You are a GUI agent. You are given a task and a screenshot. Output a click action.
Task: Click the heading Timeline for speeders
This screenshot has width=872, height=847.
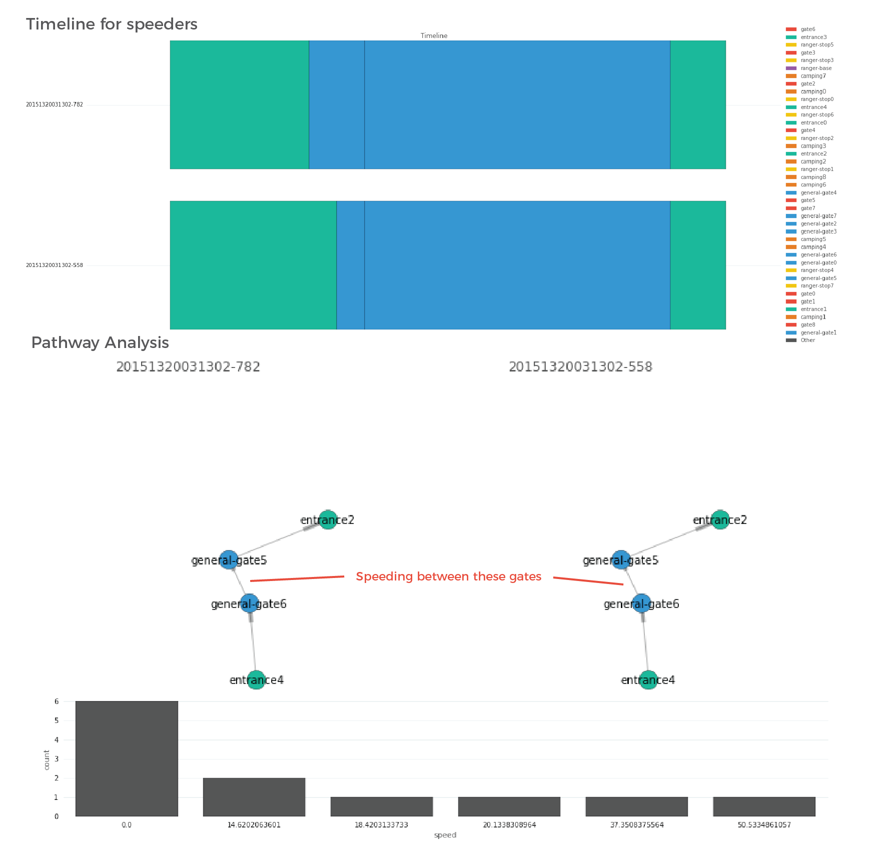112,24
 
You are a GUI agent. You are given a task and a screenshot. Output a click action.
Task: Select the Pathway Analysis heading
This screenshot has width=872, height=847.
100,342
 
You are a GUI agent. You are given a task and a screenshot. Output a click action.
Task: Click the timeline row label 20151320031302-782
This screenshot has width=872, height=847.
54,104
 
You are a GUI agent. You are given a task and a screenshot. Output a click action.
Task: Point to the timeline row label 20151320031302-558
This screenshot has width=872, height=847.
54,265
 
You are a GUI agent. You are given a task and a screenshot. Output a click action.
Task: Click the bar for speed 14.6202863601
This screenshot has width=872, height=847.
254,797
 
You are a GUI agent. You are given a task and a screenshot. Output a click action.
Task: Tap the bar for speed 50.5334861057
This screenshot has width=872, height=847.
764,806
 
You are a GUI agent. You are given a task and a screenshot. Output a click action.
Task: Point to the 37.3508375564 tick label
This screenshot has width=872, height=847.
636,824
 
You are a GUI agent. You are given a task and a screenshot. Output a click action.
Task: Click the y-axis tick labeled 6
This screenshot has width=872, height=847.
57,701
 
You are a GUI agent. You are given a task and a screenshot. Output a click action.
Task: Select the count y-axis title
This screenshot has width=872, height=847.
47,759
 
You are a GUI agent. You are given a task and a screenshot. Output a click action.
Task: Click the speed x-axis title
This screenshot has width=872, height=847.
445,834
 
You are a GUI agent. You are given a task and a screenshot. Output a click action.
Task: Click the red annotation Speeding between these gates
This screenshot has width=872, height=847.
448,576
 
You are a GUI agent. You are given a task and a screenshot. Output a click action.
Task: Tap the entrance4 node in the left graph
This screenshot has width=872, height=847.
256,680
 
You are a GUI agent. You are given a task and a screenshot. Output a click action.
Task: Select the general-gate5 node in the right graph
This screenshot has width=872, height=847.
621,560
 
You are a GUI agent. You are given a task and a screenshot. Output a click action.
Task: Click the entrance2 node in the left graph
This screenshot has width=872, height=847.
328,520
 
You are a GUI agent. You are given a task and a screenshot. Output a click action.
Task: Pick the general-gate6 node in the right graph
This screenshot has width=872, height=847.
641,603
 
